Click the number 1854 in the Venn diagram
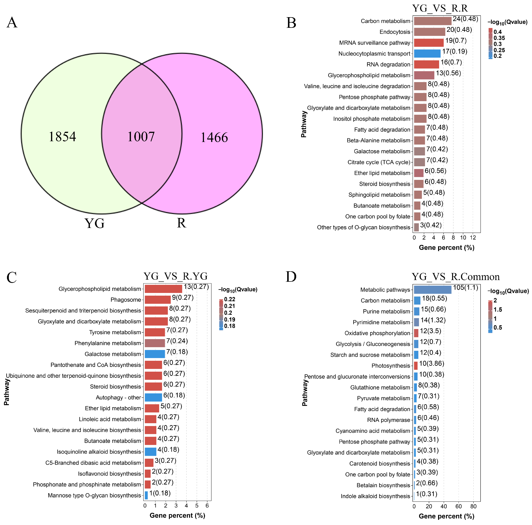point(62,137)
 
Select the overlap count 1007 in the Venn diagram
point(141,137)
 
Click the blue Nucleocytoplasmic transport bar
point(427,53)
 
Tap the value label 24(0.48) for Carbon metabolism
point(465,19)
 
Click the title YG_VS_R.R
point(440,8)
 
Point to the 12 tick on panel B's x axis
point(473,238)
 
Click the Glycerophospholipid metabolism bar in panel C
point(163,289)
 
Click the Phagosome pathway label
point(126,300)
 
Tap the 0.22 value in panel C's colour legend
point(230,299)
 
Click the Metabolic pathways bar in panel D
point(433,290)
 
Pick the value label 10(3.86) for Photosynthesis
point(431,363)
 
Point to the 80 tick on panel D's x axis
point(473,506)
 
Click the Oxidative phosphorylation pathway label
point(377,333)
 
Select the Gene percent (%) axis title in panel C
point(177,515)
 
